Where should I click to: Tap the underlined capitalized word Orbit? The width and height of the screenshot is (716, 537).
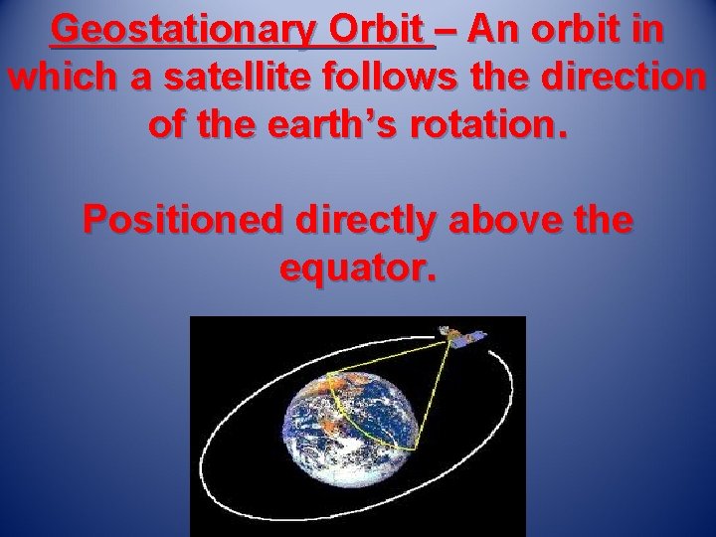tap(384, 31)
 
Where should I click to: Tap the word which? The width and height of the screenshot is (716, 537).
tap(59, 77)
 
